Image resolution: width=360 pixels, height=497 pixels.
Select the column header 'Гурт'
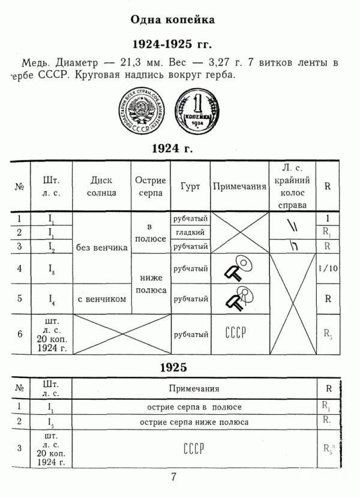click(190, 186)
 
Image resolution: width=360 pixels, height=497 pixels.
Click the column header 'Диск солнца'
click(101, 186)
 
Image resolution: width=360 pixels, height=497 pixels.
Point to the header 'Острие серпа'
click(151, 186)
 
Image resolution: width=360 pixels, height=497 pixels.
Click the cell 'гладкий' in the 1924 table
click(190, 232)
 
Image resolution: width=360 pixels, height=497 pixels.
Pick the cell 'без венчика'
click(101, 247)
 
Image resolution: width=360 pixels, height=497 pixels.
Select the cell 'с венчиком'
click(101, 299)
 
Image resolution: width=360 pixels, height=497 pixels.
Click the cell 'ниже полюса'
click(151, 283)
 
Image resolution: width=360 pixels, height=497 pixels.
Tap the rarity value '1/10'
click(328, 268)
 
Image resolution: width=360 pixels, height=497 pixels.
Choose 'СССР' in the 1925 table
click(194, 448)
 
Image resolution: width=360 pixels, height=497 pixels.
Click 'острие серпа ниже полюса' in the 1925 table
click(194, 422)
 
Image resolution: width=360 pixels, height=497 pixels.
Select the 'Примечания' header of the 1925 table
click(194, 389)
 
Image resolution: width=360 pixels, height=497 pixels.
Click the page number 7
click(174, 478)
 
